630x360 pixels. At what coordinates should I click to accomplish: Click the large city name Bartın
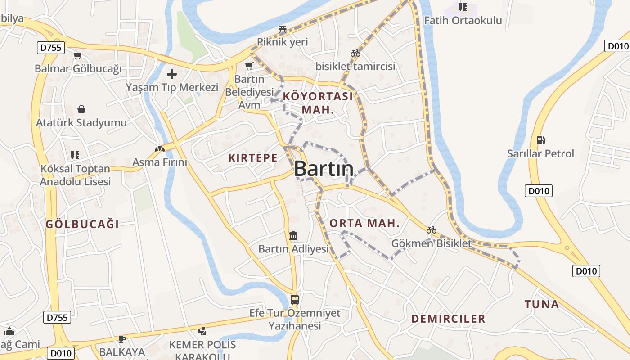coord(324,169)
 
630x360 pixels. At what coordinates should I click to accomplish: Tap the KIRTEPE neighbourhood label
coord(252,158)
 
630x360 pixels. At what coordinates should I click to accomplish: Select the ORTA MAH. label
coord(364,223)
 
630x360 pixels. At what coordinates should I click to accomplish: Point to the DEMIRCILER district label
coord(448,319)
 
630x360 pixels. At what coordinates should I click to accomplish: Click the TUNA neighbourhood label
coord(542,304)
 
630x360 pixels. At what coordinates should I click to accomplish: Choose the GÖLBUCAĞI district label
coord(82,224)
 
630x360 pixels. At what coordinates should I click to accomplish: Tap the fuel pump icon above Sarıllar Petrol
coord(540,140)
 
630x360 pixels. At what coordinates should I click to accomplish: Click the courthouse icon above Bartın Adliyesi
coord(293,235)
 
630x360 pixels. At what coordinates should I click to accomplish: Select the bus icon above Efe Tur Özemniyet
coord(295,299)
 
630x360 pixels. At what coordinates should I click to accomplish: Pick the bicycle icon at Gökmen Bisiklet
coord(432,230)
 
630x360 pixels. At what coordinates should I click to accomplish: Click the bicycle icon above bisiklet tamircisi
coord(355,53)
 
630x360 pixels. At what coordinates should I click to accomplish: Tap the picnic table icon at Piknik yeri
coord(283,29)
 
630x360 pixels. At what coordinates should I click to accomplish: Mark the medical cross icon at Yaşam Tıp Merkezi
coord(172,74)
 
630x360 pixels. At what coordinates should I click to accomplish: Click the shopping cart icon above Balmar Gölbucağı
coord(78,56)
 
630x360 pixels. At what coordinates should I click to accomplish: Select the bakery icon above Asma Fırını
coord(159,148)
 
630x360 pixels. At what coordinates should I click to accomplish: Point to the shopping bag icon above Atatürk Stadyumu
coord(81,109)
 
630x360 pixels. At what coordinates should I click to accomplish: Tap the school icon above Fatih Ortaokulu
coord(463,7)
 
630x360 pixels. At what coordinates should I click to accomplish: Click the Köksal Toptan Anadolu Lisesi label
coord(75,175)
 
